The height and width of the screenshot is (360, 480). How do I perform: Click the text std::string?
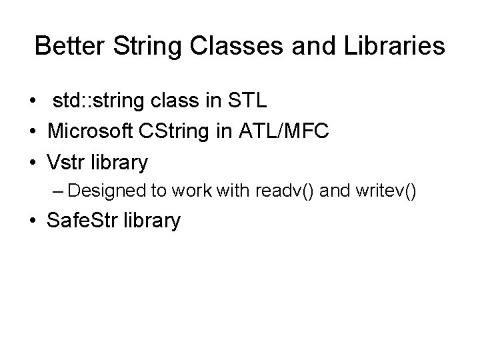coord(94,101)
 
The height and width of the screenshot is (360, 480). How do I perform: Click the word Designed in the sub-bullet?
coord(106,191)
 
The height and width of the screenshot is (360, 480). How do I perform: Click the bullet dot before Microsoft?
coord(33,132)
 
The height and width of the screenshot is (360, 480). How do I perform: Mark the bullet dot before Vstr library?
coord(33,162)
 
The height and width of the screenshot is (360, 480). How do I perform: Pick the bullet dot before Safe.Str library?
coord(33,221)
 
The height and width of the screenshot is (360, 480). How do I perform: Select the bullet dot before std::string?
coord(33,102)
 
